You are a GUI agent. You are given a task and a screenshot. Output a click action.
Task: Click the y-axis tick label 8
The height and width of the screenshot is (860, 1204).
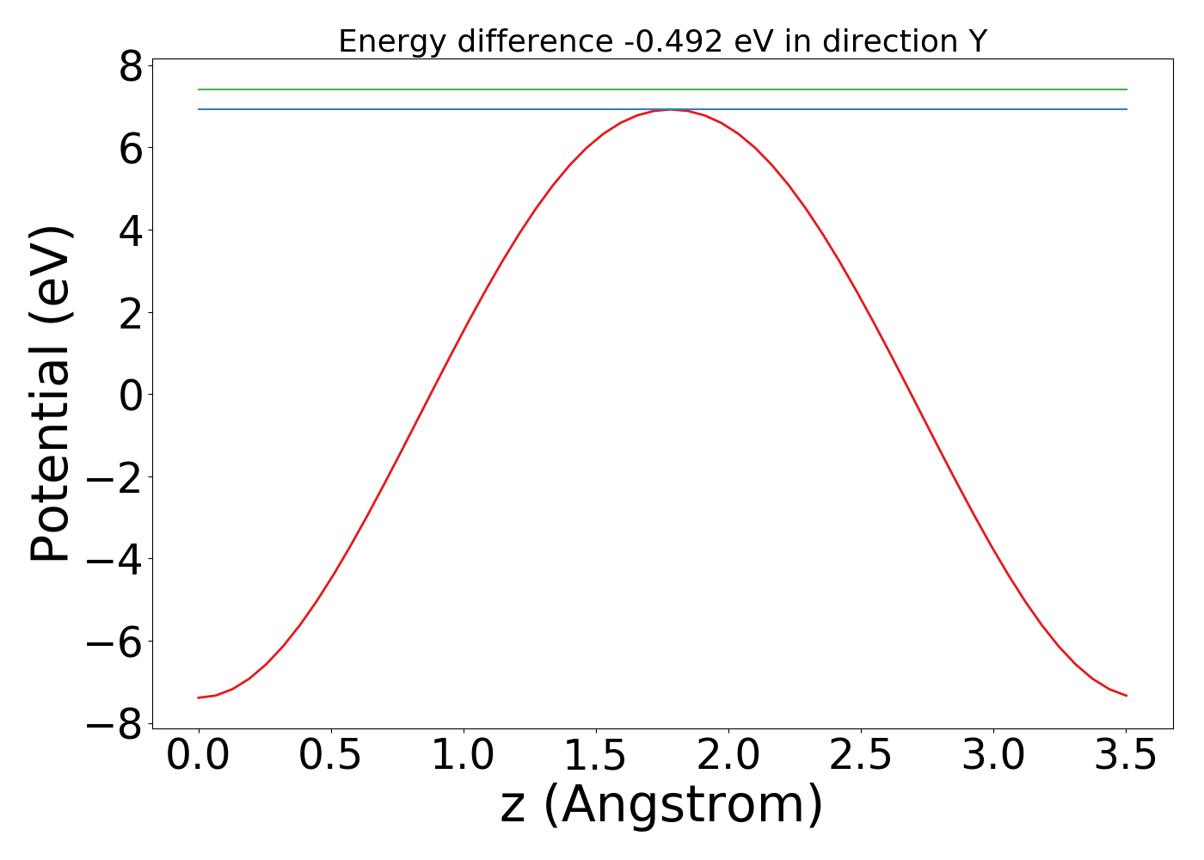131,66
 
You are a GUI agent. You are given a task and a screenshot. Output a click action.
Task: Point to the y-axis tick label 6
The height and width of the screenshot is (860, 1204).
131,149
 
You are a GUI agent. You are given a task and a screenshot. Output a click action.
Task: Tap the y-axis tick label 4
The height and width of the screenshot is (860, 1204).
131,231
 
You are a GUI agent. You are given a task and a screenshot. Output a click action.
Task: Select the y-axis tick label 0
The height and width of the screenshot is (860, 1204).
131,396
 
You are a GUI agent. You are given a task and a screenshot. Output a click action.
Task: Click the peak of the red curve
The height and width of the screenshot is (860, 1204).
672,110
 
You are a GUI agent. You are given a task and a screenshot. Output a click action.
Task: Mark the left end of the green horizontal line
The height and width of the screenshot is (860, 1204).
199,89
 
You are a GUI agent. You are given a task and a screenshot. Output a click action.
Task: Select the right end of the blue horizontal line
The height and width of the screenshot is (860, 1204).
1127,109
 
